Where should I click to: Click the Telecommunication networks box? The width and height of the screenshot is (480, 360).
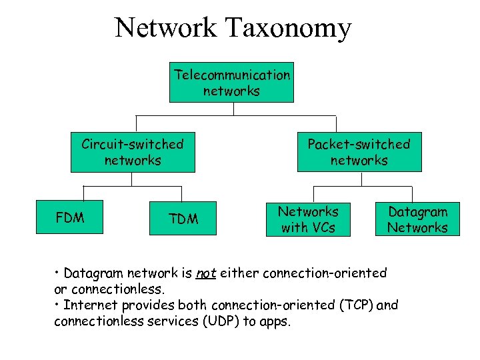[x=231, y=83]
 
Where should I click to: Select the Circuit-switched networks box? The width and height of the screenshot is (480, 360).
[x=133, y=153]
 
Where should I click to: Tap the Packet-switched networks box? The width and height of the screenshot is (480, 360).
[x=359, y=153]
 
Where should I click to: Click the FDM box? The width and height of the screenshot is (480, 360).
[x=70, y=217]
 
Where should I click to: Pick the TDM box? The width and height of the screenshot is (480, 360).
[x=183, y=219]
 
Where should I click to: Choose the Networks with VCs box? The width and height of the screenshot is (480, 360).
[x=308, y=219]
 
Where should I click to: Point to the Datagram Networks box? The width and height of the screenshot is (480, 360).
[x=418, y=219]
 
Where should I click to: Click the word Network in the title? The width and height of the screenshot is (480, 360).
[x=165, y=28]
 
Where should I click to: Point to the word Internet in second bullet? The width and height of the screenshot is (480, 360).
[x=89, y=305]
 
